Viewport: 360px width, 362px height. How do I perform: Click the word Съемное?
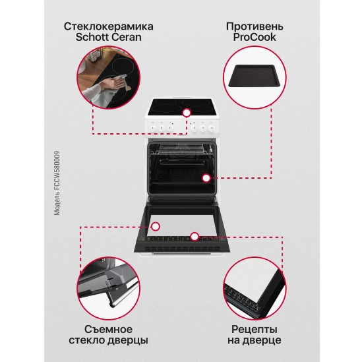tap(109, 328)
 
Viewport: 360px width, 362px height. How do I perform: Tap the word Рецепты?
tap(254, 328)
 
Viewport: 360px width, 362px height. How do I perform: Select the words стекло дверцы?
tap(109, 341)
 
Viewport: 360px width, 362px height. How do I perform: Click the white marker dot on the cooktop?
tap(187, 113)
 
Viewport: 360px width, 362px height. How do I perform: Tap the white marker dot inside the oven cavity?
tap(206, 177)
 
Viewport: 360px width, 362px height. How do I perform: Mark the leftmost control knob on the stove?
tap(154, 123)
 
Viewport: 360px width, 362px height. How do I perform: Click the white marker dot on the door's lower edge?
tap(195, 235)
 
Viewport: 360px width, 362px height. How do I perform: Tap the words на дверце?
tap(254, 341)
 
